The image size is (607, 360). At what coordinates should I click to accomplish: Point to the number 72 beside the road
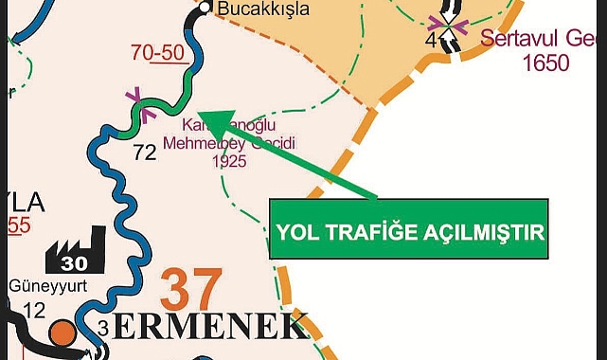(144, 151)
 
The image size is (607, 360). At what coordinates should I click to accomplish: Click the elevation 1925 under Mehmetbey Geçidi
(229, 161)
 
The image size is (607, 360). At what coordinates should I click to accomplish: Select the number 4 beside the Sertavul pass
(431, 41)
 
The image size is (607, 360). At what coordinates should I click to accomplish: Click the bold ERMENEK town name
(214, 328)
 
